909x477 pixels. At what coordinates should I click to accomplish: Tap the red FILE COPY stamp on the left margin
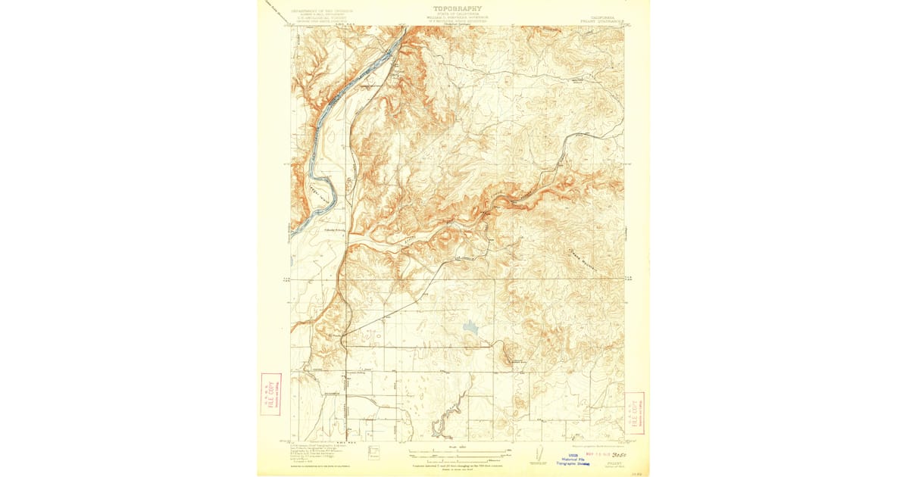270,394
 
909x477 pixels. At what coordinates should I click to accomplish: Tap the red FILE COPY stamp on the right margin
634,413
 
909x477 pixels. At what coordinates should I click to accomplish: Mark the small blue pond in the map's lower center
471,327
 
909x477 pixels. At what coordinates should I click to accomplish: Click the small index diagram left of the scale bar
373,452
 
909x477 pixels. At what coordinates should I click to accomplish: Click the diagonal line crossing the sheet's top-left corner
274,9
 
